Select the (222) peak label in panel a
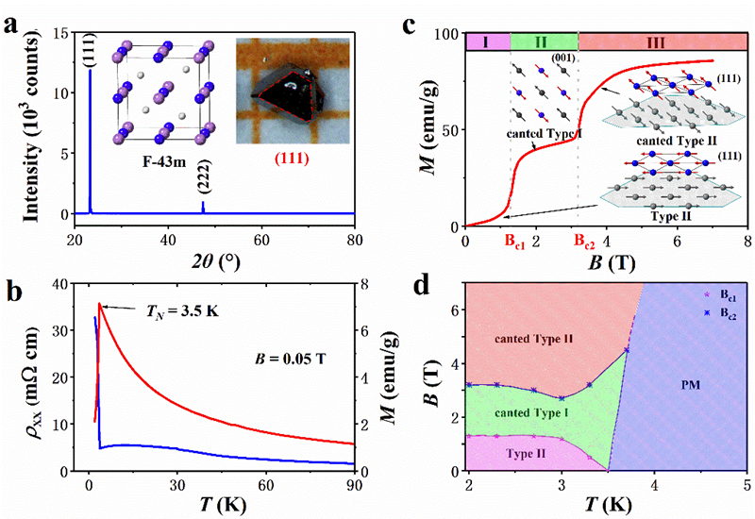click(x=203, y=182)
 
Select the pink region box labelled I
click(x=487, y=41)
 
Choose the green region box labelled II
click(x=543, y=41)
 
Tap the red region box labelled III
click(x=663, y=41)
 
